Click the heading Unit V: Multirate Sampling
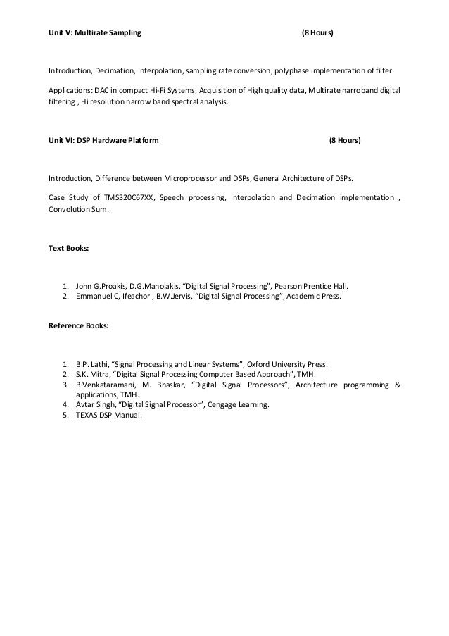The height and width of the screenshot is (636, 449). (x=94, y=33)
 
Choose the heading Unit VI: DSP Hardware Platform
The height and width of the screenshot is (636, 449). (x=103, y=141)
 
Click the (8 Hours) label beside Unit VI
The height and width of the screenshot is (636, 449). (x=346, y=141)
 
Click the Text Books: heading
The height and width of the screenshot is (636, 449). (x=68, y=249)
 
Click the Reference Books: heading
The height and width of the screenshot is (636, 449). (x=78, y=326)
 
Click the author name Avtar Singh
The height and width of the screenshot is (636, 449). (x=96, y=405)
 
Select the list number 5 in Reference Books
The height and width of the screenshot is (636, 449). (x=65, y=416)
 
